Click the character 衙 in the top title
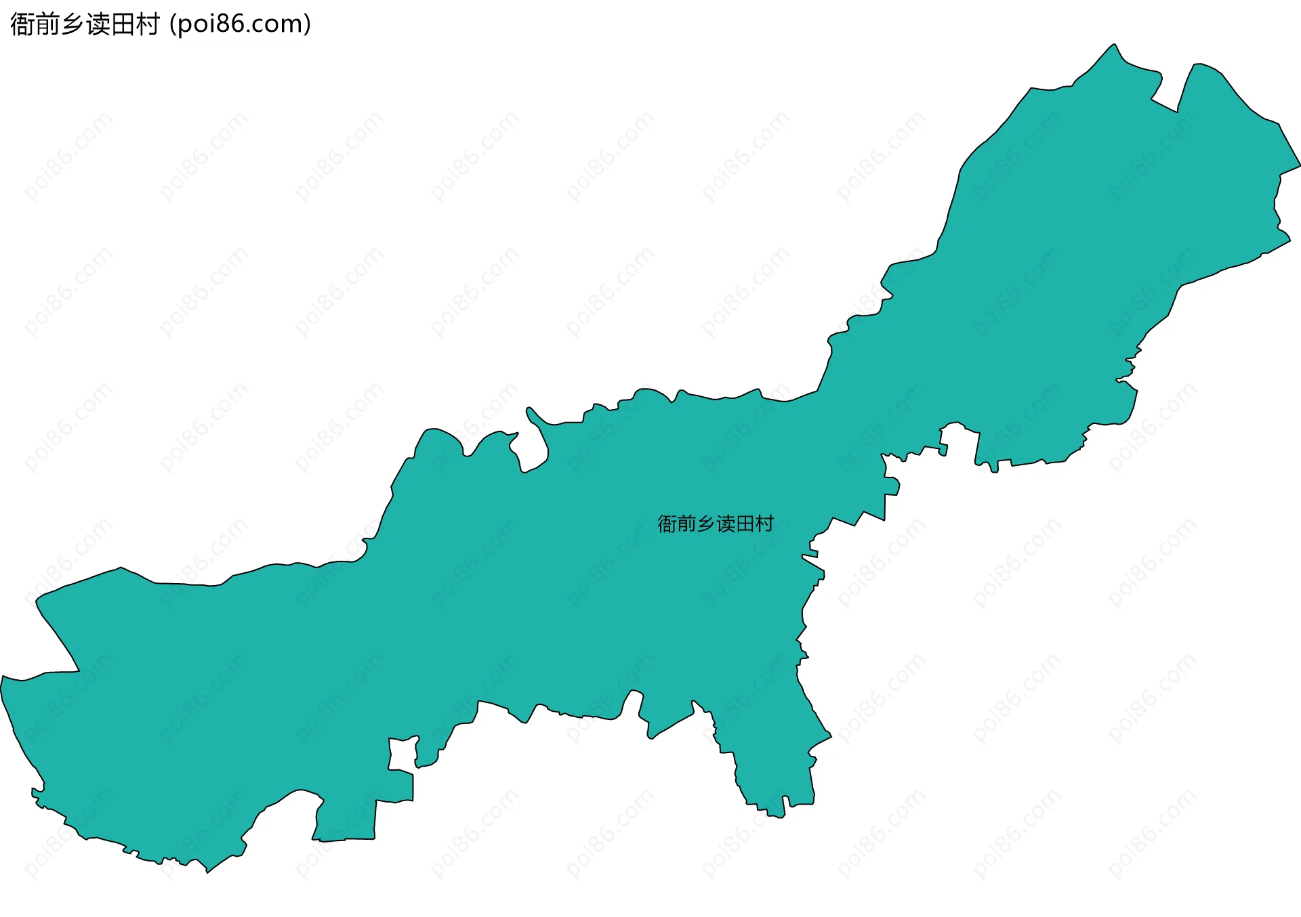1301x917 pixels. [x=22, y=24]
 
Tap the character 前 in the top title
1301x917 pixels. [x=47, y=24]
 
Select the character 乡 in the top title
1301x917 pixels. [x=73, y=24]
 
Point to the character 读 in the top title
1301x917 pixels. [x=98, y=24]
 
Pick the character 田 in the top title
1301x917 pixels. [x=123, y=24]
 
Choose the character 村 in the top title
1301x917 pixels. [x=148, y=24]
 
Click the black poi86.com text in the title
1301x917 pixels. [x=241, y=24]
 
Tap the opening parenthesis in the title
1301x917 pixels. [x=173, y=24]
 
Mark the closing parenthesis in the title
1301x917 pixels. [x=308, y=24]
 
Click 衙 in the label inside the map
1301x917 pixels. [x=667, y=524]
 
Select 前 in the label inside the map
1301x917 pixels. [x=686, y=524]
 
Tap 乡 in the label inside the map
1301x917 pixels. [x=706, y=524]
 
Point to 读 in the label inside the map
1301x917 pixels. [x=726, y=524]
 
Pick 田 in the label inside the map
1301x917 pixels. [x=745, y=524]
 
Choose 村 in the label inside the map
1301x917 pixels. [x=764, y=524]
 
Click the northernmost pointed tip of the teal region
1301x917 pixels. [x=1114, y=45]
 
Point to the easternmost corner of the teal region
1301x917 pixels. [x=1300, y=165]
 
